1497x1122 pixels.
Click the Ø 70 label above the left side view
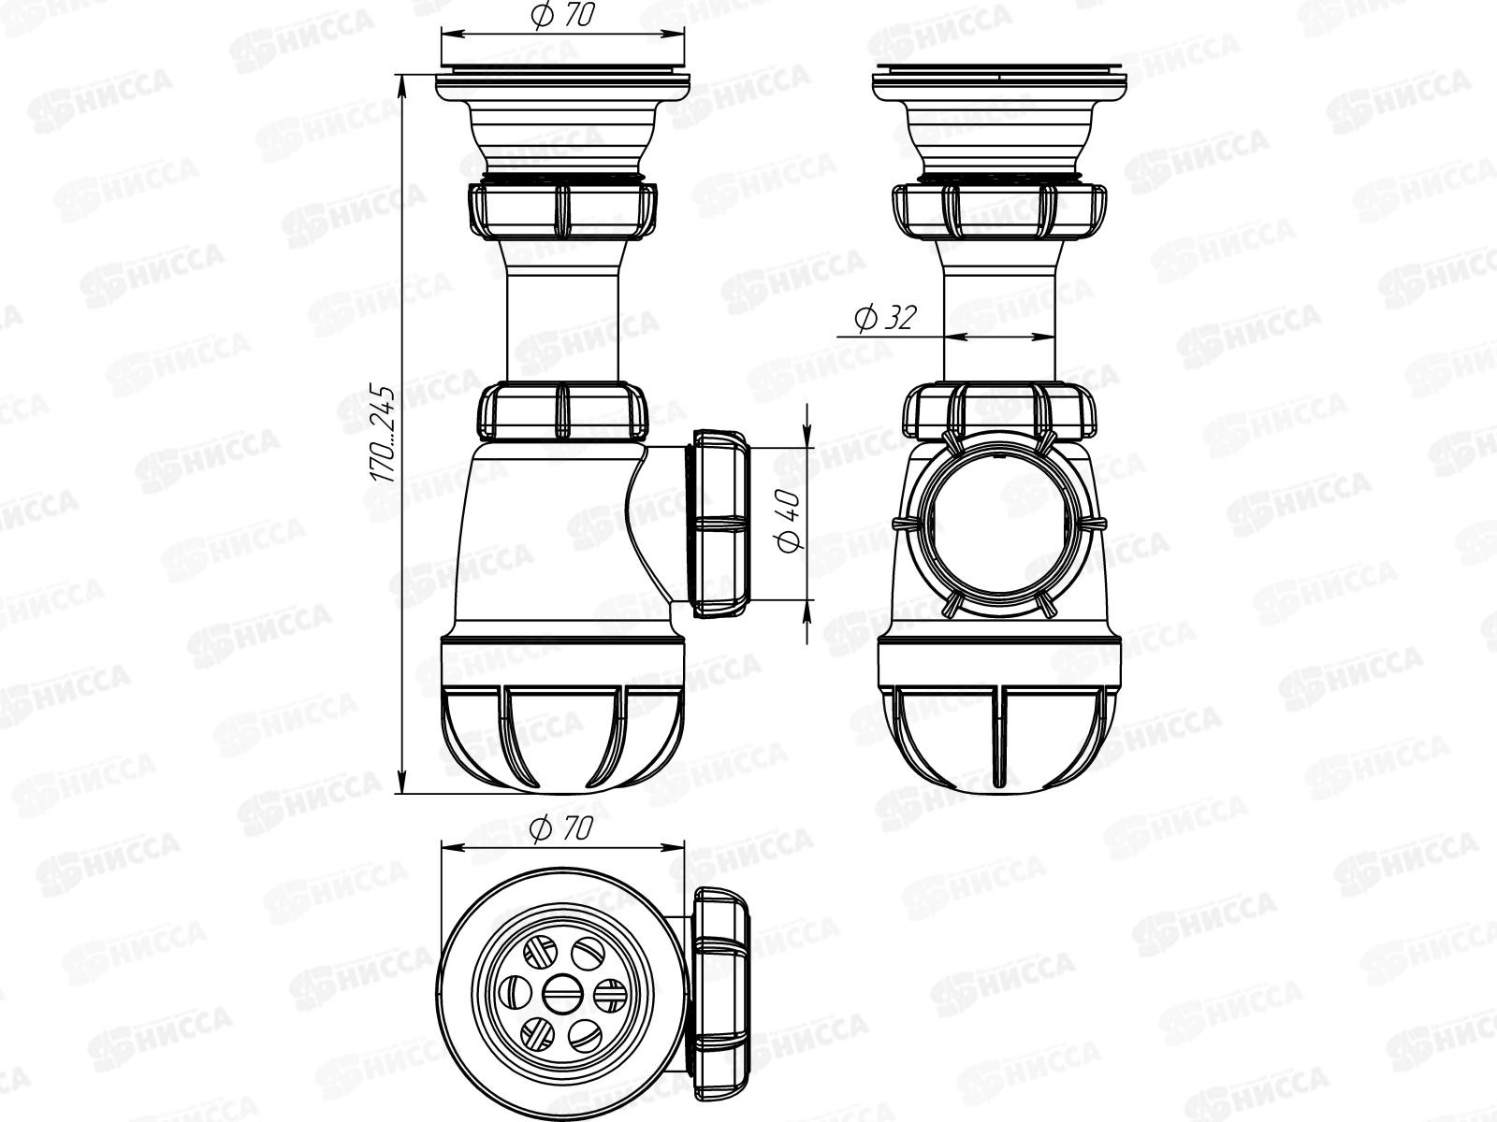(563, 18)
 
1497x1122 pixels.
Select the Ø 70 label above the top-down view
(561, 829)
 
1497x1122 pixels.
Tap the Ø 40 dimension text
(788, 520)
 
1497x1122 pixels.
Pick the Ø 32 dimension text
(883, 319)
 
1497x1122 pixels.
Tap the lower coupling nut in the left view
(563, 412)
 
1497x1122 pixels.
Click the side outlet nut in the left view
(722, 524)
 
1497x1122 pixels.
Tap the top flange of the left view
(563, 84)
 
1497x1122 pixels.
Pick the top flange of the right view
(999, 84)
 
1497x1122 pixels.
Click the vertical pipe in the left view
(563, 318)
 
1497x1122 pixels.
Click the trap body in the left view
(552, 542)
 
